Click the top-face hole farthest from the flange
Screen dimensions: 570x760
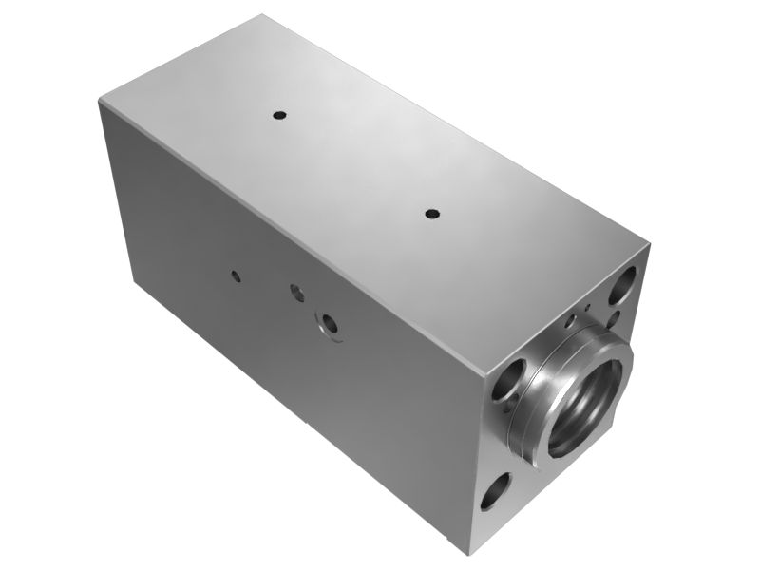(x=279, y=115)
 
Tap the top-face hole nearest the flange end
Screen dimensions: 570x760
(x=431, y=214)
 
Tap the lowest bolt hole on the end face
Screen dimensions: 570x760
(x=495, y=491)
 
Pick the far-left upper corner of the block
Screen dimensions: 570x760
(x=100, y=101)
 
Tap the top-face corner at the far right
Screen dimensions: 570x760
(x=650, y=243)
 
